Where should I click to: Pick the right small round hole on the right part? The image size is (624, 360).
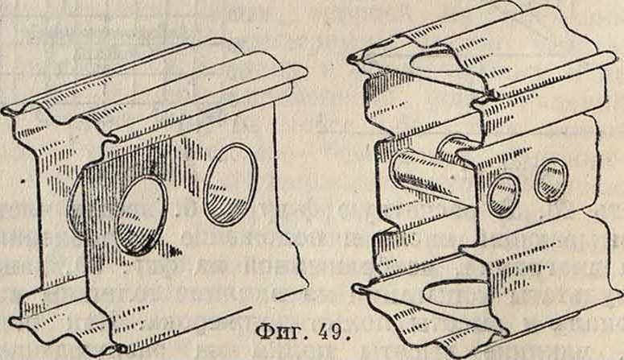(552, 179)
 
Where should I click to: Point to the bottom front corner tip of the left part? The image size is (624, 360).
(121, 349)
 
